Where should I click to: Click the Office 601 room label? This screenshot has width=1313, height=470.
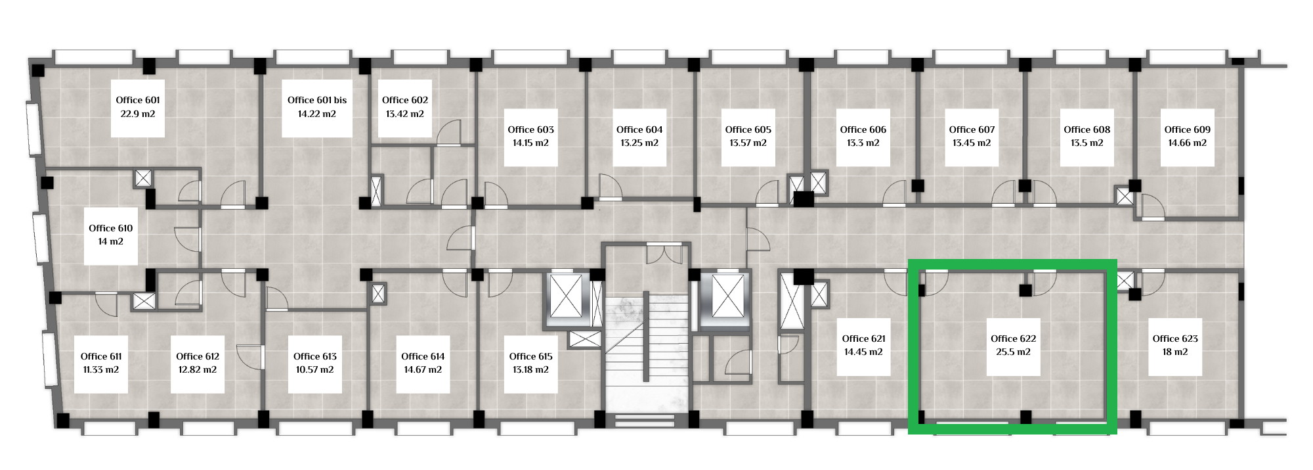click(138, 100)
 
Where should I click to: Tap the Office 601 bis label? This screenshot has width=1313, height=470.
click(317, 100)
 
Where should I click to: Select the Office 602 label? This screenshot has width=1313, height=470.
click(405, 100)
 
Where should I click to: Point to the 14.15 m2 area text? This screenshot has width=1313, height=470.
click(531, 143)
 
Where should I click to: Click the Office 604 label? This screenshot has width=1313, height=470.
click(639, 129)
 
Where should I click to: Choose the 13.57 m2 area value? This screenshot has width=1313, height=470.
click(748, 143)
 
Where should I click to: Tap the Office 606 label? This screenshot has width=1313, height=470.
click(863, 129)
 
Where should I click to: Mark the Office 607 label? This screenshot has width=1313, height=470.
click(972, 129)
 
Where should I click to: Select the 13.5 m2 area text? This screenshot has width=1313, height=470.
click(1087, 143)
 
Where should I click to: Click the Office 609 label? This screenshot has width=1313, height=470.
click(1188, 129)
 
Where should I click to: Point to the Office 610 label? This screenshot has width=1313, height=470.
click(111, 228)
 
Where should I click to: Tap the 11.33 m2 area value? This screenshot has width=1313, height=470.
click(101, 369)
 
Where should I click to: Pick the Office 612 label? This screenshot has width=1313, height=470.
click(198, 356)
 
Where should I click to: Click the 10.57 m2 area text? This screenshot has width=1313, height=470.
click(315, 369)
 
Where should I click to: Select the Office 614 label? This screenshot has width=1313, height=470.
click(423, 356)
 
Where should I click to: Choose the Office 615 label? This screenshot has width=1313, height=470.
click(531, 356)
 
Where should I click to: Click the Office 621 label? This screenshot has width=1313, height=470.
click(864, 339)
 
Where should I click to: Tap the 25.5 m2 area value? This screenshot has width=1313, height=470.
click(1014, 352)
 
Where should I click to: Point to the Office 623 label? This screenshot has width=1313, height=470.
click(1176, 339)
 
